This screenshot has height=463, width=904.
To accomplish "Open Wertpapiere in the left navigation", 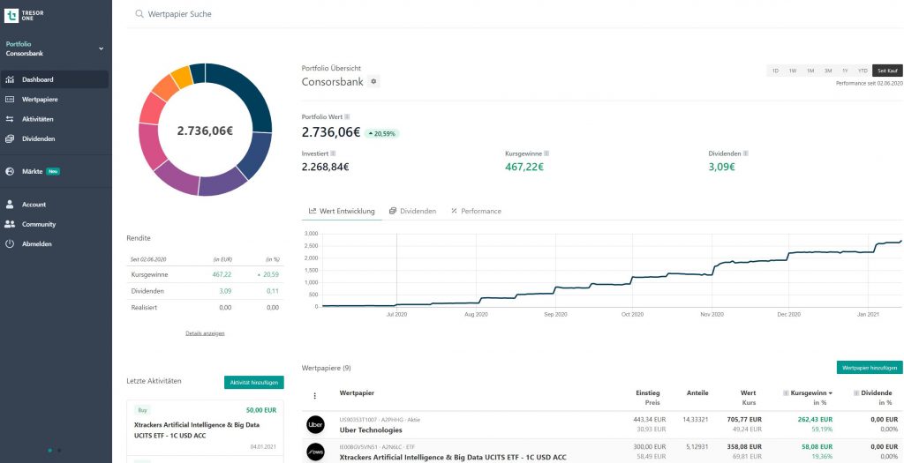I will [x=40, y=99].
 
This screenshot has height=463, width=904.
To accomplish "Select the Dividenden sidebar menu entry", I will [x=38, y=138].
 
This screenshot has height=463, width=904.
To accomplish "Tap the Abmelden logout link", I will [x=36, y=243].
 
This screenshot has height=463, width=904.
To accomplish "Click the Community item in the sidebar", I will [x=38, y=224].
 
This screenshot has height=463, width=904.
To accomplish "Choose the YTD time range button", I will [x=863, y=71].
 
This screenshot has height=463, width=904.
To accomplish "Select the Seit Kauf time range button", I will [x=887, y=71].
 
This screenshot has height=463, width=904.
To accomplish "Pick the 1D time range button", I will [x=775, y=71].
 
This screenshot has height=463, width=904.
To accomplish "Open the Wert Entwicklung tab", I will [x=342, y=211].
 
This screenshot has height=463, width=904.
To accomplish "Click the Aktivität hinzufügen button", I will [x=254, y=382].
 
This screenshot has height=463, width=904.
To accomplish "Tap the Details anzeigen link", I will [x=205, y=333].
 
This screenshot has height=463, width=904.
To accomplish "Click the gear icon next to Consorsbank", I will [x=373, y=82].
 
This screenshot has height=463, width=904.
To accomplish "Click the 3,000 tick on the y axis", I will [x=311, y=234].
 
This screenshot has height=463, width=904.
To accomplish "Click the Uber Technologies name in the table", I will [x=371, y=430].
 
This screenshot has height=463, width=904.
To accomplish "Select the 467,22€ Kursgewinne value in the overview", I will [x=524, y=167].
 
